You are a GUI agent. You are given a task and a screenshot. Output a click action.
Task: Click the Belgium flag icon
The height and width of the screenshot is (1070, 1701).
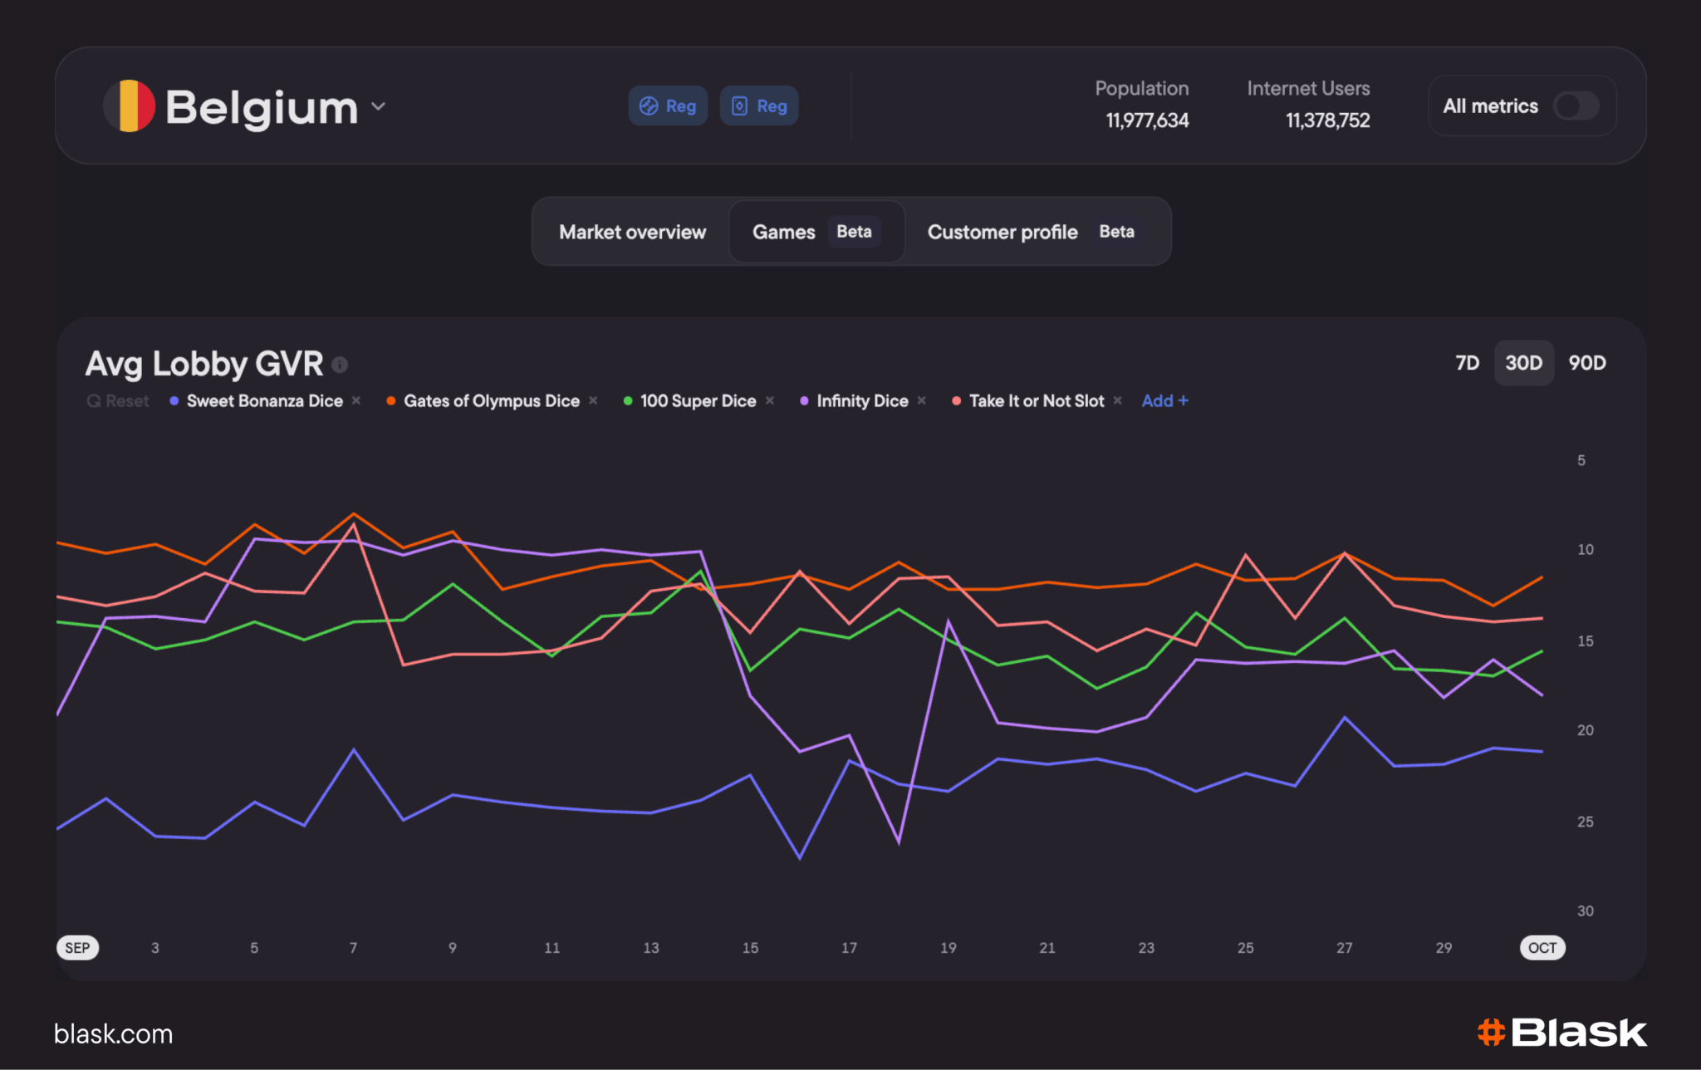129,106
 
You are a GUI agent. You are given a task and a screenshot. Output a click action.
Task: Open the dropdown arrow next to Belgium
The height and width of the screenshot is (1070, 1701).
379,106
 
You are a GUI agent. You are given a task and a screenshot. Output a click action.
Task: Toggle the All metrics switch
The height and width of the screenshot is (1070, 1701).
1576,106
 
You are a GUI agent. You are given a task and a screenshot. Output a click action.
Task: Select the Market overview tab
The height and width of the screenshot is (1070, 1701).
632,232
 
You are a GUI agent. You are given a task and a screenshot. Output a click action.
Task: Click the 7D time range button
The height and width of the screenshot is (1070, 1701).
1467,363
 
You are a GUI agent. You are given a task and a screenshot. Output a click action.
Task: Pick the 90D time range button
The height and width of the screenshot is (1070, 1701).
1586,363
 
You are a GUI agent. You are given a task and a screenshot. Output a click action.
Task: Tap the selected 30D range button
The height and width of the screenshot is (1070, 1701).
1523,363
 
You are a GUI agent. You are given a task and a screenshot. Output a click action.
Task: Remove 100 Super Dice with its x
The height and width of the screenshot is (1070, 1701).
770,400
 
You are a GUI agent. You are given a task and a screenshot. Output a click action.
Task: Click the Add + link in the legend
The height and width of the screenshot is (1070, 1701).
1164,400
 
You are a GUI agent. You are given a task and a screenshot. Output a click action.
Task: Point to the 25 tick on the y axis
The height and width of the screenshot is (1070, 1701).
1585,822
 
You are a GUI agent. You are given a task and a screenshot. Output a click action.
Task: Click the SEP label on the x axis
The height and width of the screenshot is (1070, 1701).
77,948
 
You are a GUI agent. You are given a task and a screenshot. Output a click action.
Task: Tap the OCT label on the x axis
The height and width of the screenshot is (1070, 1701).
1542,948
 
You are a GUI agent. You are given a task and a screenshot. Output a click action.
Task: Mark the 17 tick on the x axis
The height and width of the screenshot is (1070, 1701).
849,948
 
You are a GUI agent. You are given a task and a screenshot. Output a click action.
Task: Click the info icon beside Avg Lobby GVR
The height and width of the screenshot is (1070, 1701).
340,364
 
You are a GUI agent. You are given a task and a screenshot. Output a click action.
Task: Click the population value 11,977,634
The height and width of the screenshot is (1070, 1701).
1147,121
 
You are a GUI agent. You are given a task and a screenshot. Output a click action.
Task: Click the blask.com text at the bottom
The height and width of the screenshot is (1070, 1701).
114,1034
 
